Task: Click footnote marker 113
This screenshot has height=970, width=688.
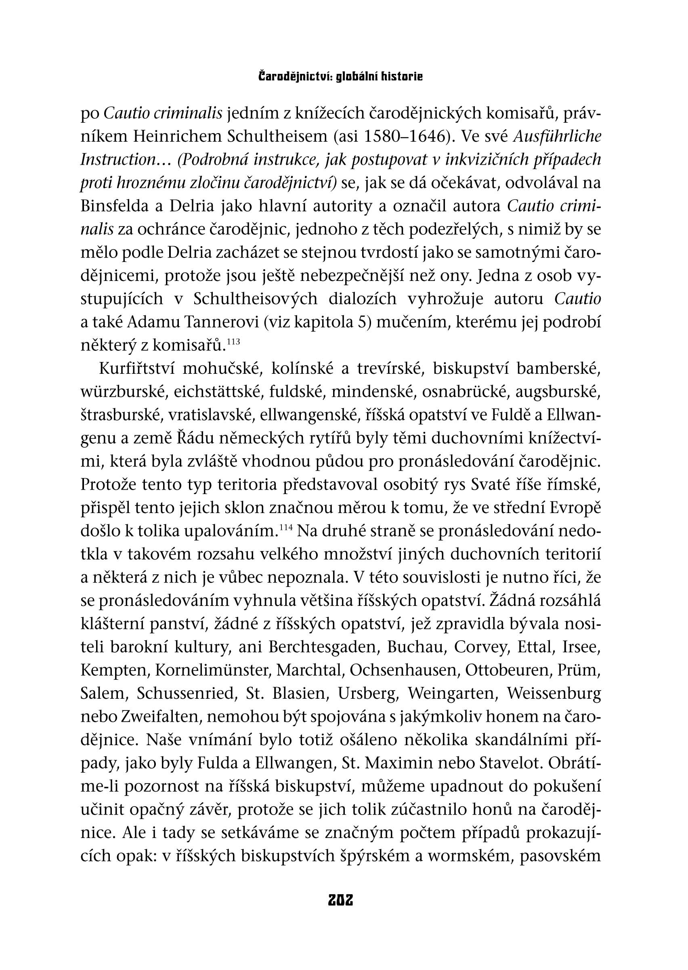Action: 233,341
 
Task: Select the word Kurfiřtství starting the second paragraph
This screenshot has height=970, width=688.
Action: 136,369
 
